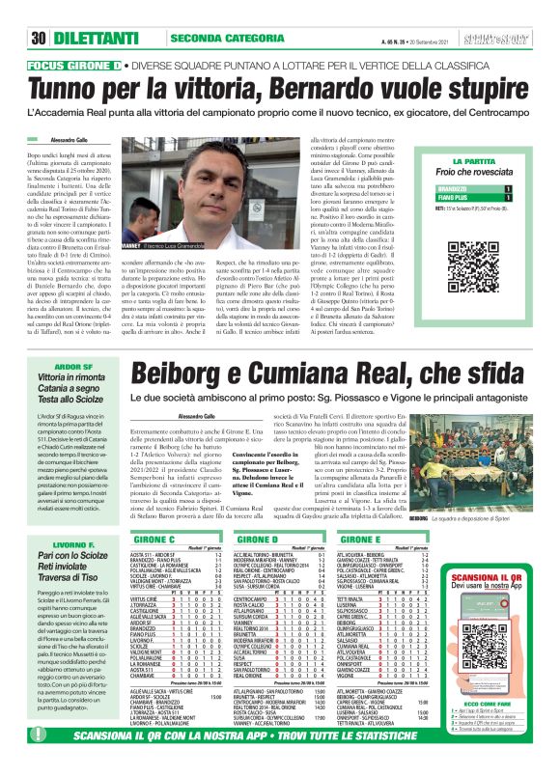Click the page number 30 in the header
coord(40,13)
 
